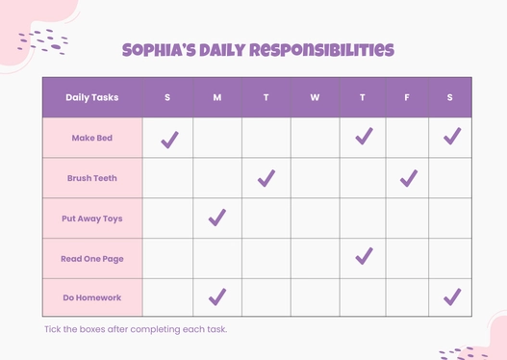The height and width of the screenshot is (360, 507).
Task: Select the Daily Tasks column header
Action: [92, 97]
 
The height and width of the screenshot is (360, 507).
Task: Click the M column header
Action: [217, 97]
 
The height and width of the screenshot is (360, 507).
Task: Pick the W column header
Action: [315, 97]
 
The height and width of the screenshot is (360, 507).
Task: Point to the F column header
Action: [407, 97]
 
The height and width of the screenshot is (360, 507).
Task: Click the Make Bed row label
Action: [92, 138]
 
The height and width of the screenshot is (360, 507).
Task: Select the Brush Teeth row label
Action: [92, 178]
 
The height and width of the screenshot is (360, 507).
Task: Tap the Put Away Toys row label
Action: [92, 219]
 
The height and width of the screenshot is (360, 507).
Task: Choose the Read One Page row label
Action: [92, 258]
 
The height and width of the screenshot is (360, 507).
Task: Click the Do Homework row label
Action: [92, 297]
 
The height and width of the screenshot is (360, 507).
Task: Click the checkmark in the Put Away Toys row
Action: [217, 218]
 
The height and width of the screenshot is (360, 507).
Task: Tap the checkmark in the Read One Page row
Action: [364, 256]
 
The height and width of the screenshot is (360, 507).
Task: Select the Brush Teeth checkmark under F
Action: [409, 177]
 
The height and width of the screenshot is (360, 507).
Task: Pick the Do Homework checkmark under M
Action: [217, 296]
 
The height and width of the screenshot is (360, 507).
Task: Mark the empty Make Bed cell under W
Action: [315, 138]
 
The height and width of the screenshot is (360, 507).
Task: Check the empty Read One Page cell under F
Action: [407, 258]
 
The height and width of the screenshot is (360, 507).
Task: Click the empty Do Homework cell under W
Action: [315, 297]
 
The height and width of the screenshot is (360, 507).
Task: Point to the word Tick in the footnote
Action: [54, 329]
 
